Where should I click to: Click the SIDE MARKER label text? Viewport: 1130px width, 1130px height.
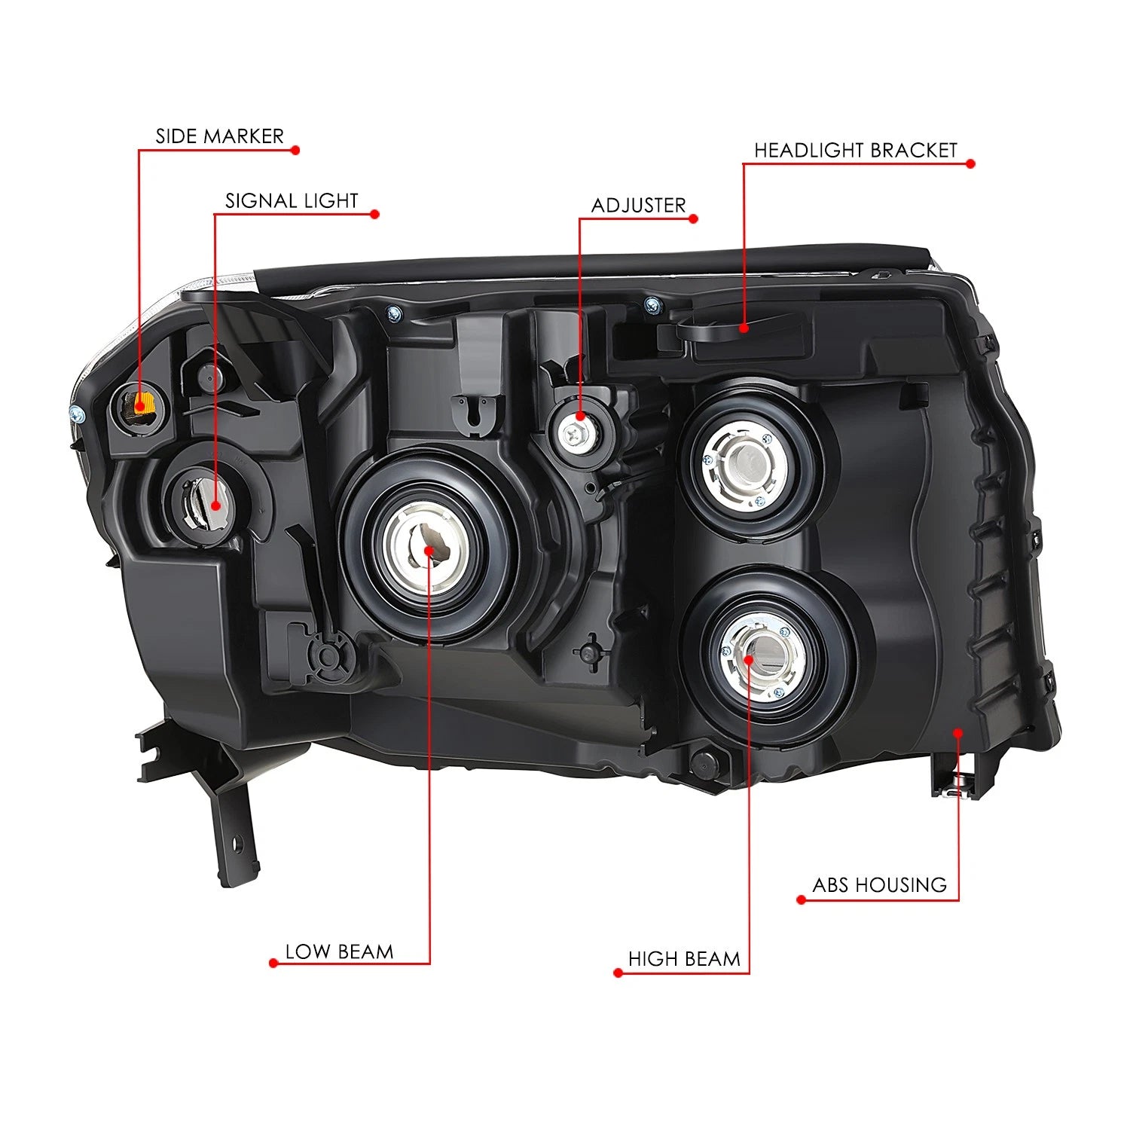coord(219,136)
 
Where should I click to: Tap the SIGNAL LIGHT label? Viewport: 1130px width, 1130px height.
coord(292,201)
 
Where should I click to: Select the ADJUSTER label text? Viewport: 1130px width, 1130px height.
coord(638,206)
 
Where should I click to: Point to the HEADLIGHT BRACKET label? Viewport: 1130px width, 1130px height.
coord(855,151)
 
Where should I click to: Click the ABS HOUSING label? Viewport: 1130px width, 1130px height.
coord(879,885)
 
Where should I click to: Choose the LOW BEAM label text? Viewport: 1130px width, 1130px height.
coord(339,952)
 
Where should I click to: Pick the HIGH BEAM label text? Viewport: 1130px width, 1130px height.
coord(684,959)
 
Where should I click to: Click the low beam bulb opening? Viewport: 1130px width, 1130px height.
coord(428,550)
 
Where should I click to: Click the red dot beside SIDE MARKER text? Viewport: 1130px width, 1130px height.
coord(295,150)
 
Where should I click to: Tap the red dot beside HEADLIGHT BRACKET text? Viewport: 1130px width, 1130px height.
coord(970,163)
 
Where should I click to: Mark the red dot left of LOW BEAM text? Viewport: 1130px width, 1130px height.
coord(273,963)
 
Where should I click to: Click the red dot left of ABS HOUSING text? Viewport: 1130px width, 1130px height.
coord(801,899)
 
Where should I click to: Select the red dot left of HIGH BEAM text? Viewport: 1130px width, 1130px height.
coord(618,973)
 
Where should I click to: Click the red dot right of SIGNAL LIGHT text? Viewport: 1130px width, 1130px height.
coord(374,214)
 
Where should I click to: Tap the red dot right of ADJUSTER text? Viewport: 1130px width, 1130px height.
coord(694,219)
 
